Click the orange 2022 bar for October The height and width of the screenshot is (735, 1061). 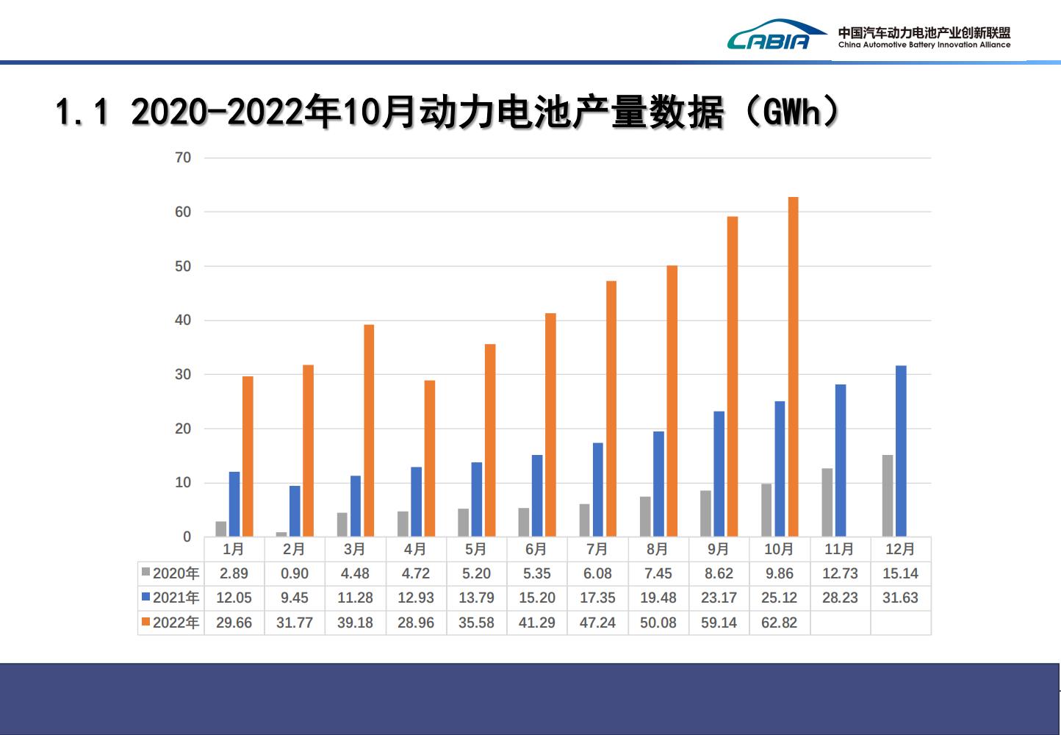coord(793,367)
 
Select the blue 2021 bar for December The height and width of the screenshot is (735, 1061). coord(901,451)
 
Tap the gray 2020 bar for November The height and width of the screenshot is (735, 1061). coord(827,503)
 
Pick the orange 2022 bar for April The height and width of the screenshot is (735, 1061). coord(430,459)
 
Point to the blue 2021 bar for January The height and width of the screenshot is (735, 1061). coord(234,504)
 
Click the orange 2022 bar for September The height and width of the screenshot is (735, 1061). coord(733,376)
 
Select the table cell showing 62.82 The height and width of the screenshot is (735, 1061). coord(779,623)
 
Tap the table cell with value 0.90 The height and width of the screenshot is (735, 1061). coord(295,573)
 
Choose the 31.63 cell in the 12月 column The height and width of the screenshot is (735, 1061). coord(900,598)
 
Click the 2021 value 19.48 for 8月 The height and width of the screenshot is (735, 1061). coord(658,598)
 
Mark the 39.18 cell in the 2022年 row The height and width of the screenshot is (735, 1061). coord(355,623)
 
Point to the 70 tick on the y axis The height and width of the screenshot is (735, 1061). coord(183,157)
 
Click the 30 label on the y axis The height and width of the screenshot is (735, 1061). coord(183,374)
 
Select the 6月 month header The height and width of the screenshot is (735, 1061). coord(536,549)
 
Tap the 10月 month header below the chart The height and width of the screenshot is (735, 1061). coord(779,549)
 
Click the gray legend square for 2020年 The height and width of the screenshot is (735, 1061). coord(146,573)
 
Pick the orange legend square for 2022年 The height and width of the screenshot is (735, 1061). coord(146,622)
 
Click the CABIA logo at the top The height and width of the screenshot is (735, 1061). coord(768,35)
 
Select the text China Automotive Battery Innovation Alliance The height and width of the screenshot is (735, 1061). coord(924,45)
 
